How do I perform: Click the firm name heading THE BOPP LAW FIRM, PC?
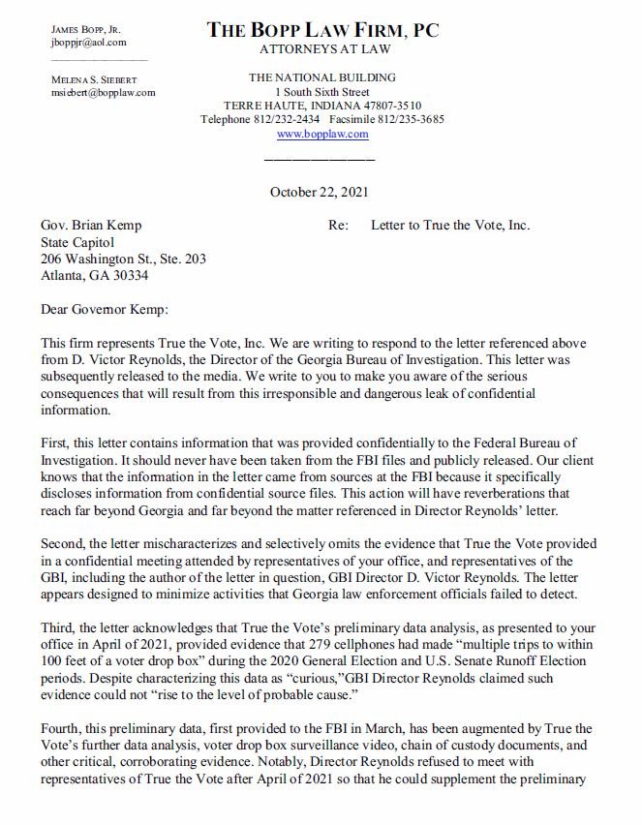pyautogui.click(x=322, y=30)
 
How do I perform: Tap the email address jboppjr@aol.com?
pyautogui.click(x=88, y=43)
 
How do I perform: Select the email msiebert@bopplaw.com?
pyautogui.click(x=103, y=93)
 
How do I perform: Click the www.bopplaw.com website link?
pyautogui.click(x=321, y=134)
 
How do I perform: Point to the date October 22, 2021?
pyautogui.click(x=321, y=192)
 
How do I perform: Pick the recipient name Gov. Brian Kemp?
pyautogui.click(x=91, y=226)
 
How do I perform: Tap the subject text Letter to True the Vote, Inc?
pyautogui.click(x=450, y=226)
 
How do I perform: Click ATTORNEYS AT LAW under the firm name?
pyautogui.click(x=321, y=48)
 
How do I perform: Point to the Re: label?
pyautogui.click(x=339, y=226)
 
